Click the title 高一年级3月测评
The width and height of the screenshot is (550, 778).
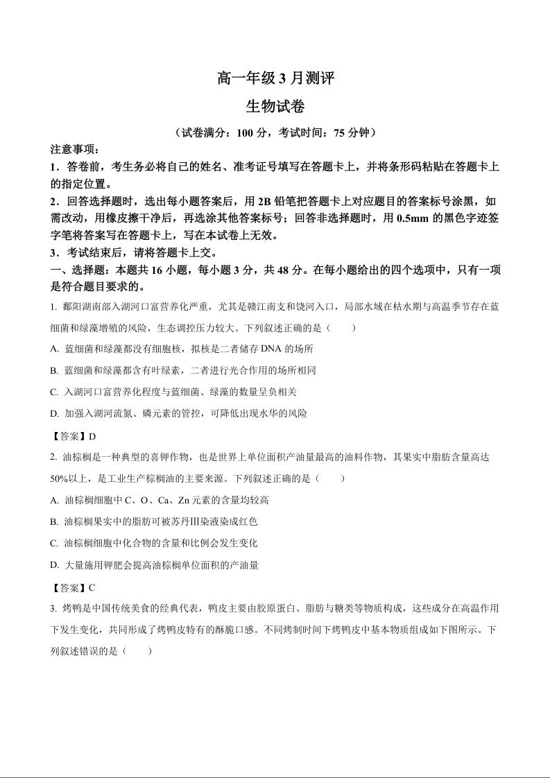tap(275, 79)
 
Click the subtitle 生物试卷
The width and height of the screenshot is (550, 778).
tap(275, 107)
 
